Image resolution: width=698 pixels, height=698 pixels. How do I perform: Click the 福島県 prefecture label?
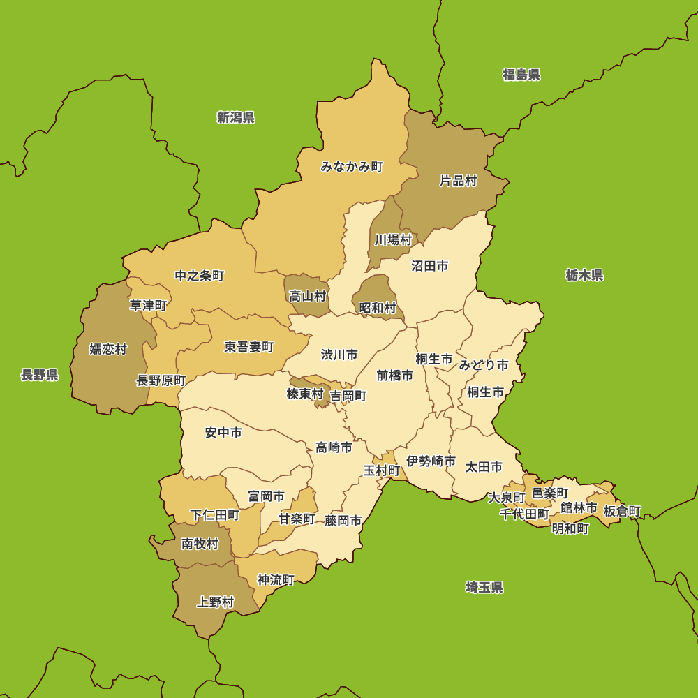[x=521, y=75]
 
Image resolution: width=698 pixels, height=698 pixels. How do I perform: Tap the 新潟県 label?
[x=236, y=117]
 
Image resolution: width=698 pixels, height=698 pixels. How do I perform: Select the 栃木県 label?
[x=584, y=275]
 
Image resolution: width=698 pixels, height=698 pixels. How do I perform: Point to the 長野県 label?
[x=40, y=376]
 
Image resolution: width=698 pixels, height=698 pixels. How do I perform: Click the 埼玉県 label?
[x=484, y=587]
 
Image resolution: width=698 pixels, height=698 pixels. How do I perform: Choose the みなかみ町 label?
[x=352, y=167]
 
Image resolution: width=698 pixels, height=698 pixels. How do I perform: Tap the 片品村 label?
[x=458, y=181]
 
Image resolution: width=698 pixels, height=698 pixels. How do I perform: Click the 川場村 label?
[x=393, y=240]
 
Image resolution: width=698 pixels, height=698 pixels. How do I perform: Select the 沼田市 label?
[x=430, y=266]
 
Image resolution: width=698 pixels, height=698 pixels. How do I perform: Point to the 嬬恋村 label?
[x=108, y=349]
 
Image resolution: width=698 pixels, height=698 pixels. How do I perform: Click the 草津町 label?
[x=149, y=305]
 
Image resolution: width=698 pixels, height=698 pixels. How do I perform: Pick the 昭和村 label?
[x=378, y=307]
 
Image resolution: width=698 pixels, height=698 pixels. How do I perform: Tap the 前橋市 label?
[x=395, y=376]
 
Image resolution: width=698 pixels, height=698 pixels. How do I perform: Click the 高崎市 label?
[x=334, y=447]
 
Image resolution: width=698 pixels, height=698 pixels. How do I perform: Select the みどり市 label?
[x=484, y=364]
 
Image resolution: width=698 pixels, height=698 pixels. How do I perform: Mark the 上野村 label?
[x=216, y=602]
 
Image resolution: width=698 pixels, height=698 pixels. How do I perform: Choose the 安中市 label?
[x=223, y=433]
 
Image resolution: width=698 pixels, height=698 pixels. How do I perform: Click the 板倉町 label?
[x=622, y=511]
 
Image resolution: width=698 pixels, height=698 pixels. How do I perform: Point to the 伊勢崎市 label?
[x=431, y=461]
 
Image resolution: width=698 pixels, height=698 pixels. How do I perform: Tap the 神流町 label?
[x=276, y=579]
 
